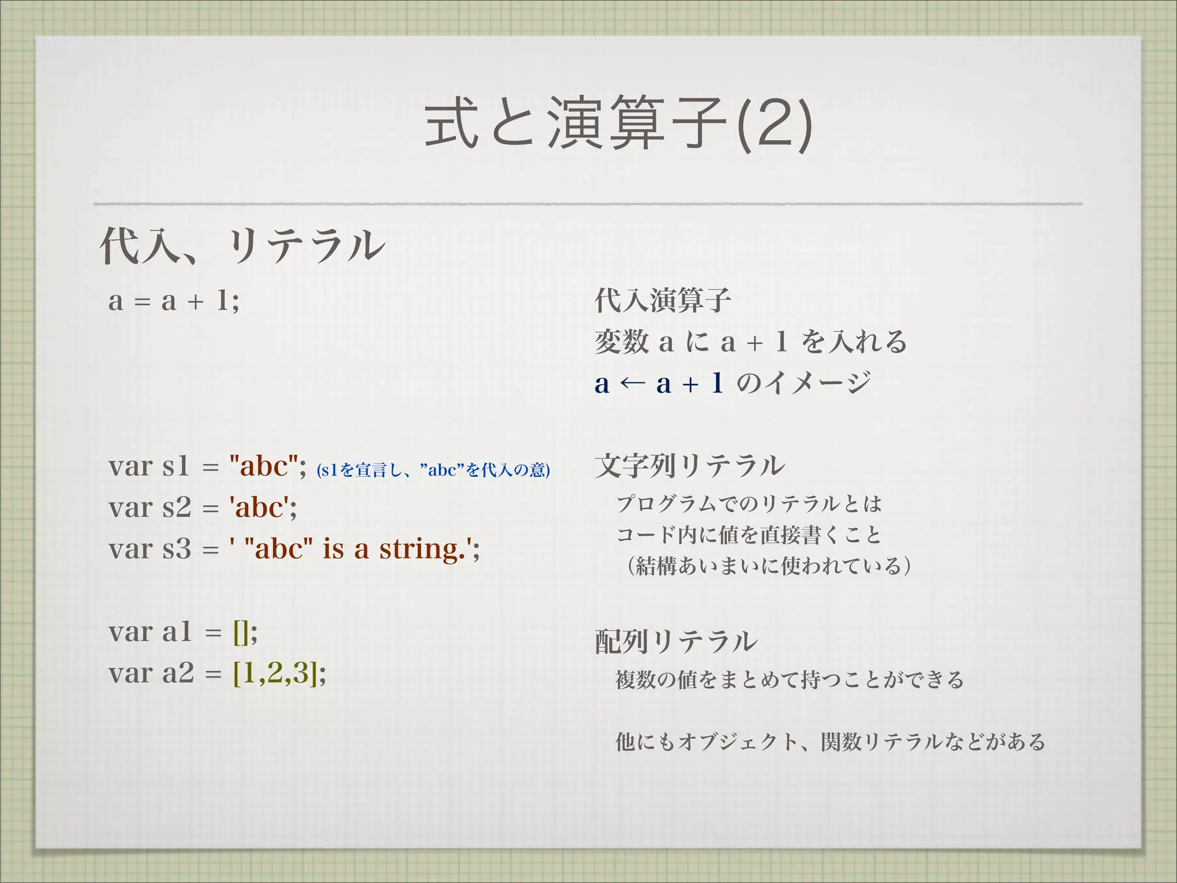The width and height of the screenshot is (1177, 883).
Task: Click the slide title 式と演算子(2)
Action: point(618,124)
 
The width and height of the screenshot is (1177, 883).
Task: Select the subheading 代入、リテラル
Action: point(242,246)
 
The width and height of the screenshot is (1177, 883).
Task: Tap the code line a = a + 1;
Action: point(174,301)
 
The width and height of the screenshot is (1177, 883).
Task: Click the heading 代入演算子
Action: point(663,301)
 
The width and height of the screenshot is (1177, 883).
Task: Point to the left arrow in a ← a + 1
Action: point(633,383)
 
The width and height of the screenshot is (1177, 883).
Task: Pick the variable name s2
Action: point(176,508)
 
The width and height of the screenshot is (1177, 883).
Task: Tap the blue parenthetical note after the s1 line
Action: point(433,470)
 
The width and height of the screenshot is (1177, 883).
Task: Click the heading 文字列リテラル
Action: point(690,466)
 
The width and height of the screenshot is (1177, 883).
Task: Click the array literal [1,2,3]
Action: point(275,673)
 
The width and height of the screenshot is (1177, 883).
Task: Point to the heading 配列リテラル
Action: point(676,642)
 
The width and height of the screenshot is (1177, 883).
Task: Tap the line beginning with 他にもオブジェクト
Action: point(830,742)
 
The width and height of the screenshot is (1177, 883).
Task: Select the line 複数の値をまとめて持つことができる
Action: point(789,680)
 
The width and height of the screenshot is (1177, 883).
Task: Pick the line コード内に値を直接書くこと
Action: point(748,535)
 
